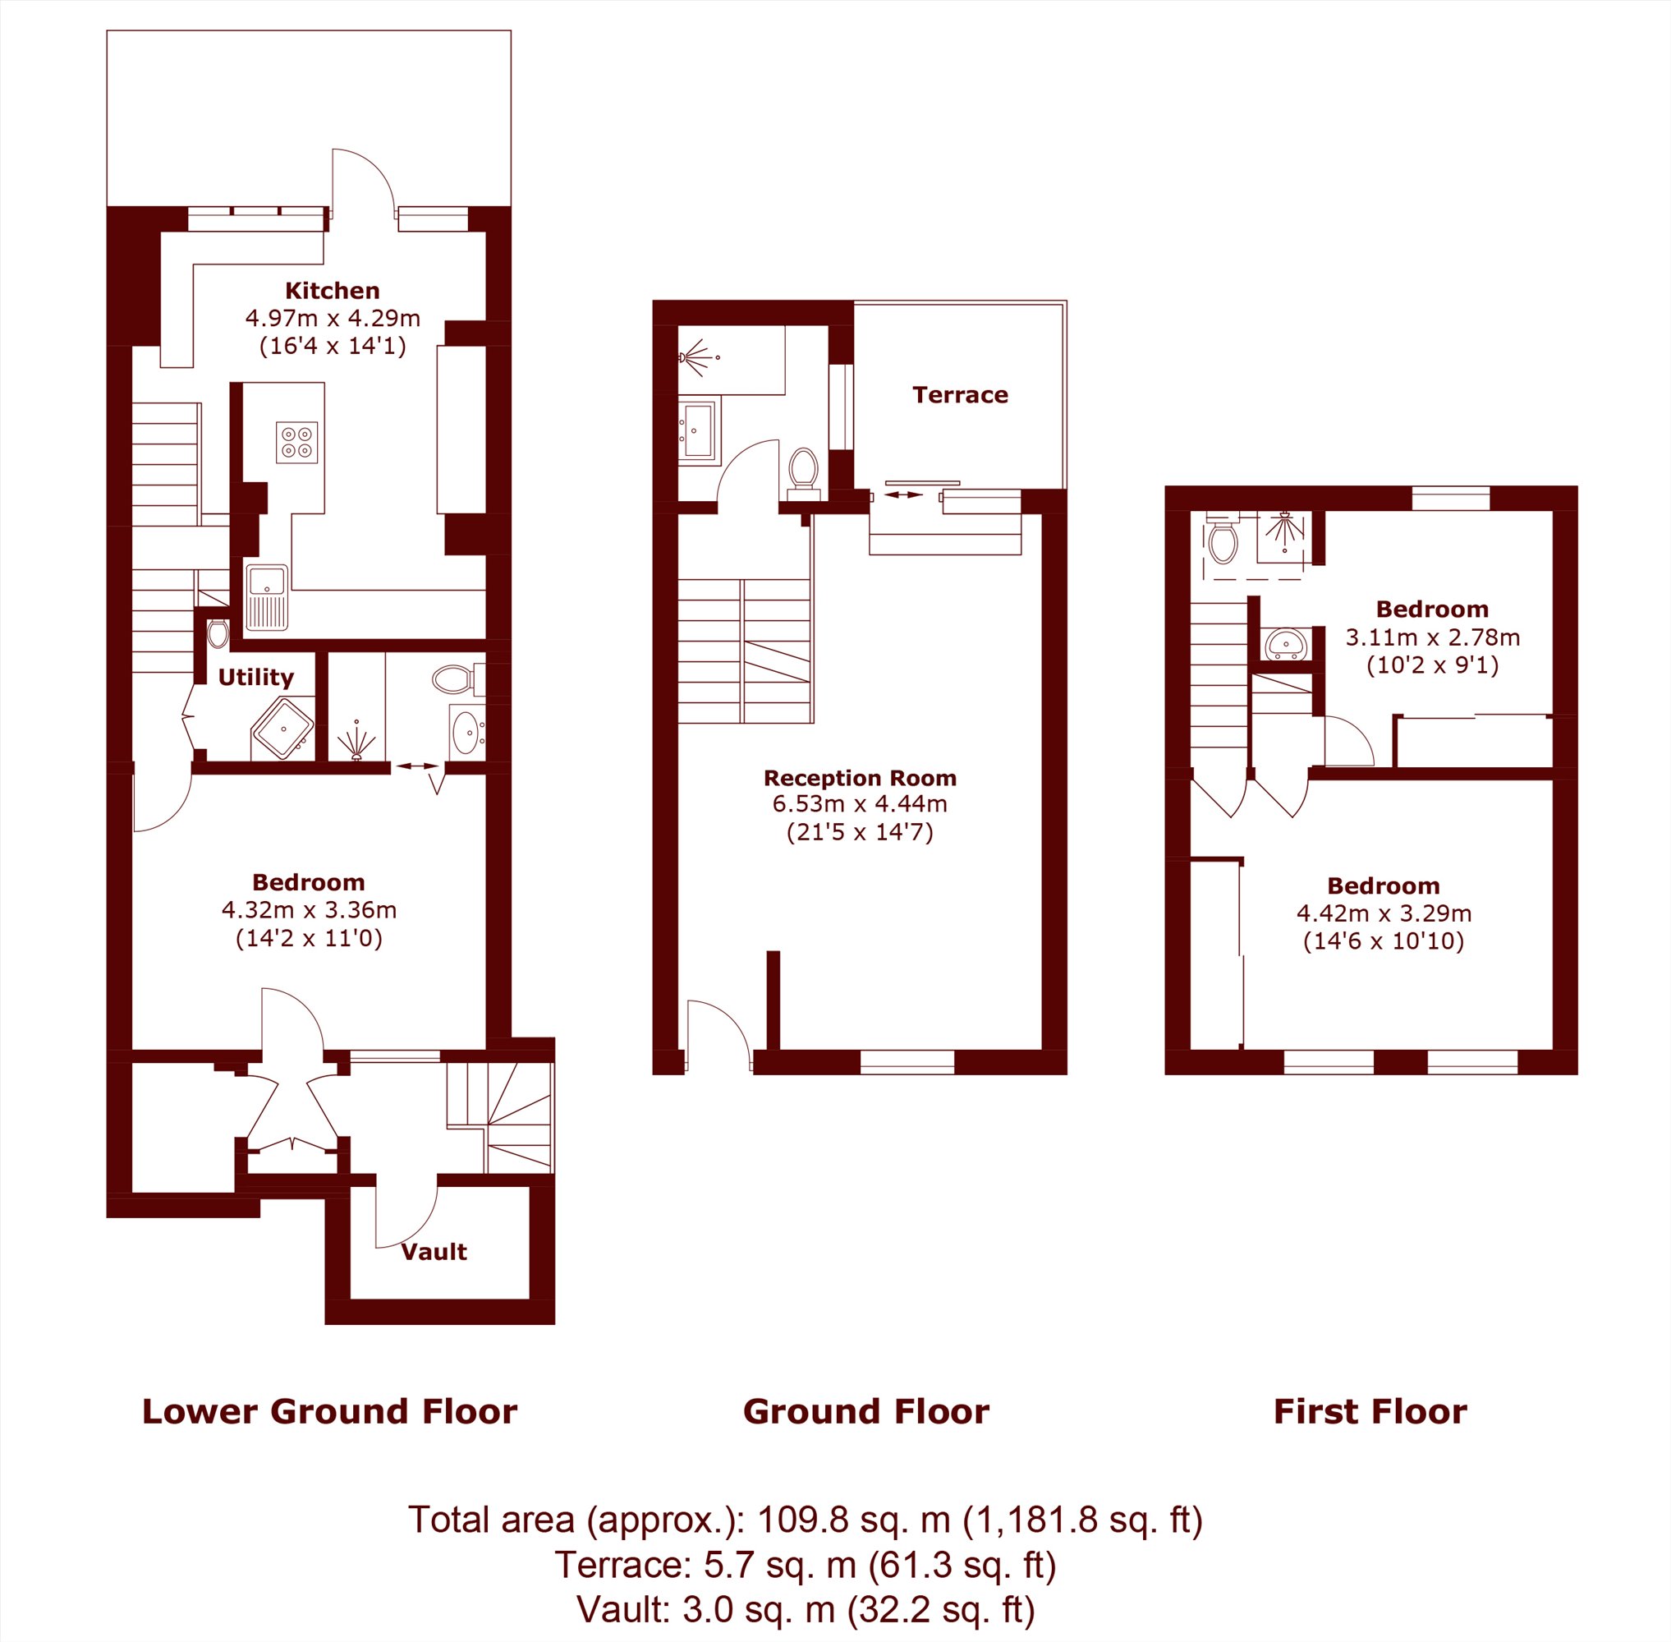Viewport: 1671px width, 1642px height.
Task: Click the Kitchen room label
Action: tap(332, 291)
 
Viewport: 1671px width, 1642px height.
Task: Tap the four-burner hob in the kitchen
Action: tap(296, 443)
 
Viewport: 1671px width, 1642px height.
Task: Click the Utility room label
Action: tap(255, 677)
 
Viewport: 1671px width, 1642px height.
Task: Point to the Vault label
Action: tap(434, 1251)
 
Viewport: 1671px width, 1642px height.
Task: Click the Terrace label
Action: tap(960, 395)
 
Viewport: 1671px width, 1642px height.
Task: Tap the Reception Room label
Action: tap(860, 778)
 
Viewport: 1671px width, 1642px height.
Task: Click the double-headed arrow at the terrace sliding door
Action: tap(902, 495)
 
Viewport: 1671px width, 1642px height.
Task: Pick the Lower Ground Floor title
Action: tap(329, 1412)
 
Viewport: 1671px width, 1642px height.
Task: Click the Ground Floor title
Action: tap(865, 1412)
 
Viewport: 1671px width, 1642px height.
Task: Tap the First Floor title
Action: tap(1370, 1412)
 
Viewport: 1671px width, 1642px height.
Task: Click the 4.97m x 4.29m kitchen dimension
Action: tap(333, 318)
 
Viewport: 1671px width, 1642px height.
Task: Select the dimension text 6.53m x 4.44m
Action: tap(860, 805)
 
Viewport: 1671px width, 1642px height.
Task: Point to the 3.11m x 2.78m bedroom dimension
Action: tap(1432, 637)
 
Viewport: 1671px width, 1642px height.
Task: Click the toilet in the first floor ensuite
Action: tap(1223, 538)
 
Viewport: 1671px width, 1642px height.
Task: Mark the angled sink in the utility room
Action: tap(282, 728)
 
